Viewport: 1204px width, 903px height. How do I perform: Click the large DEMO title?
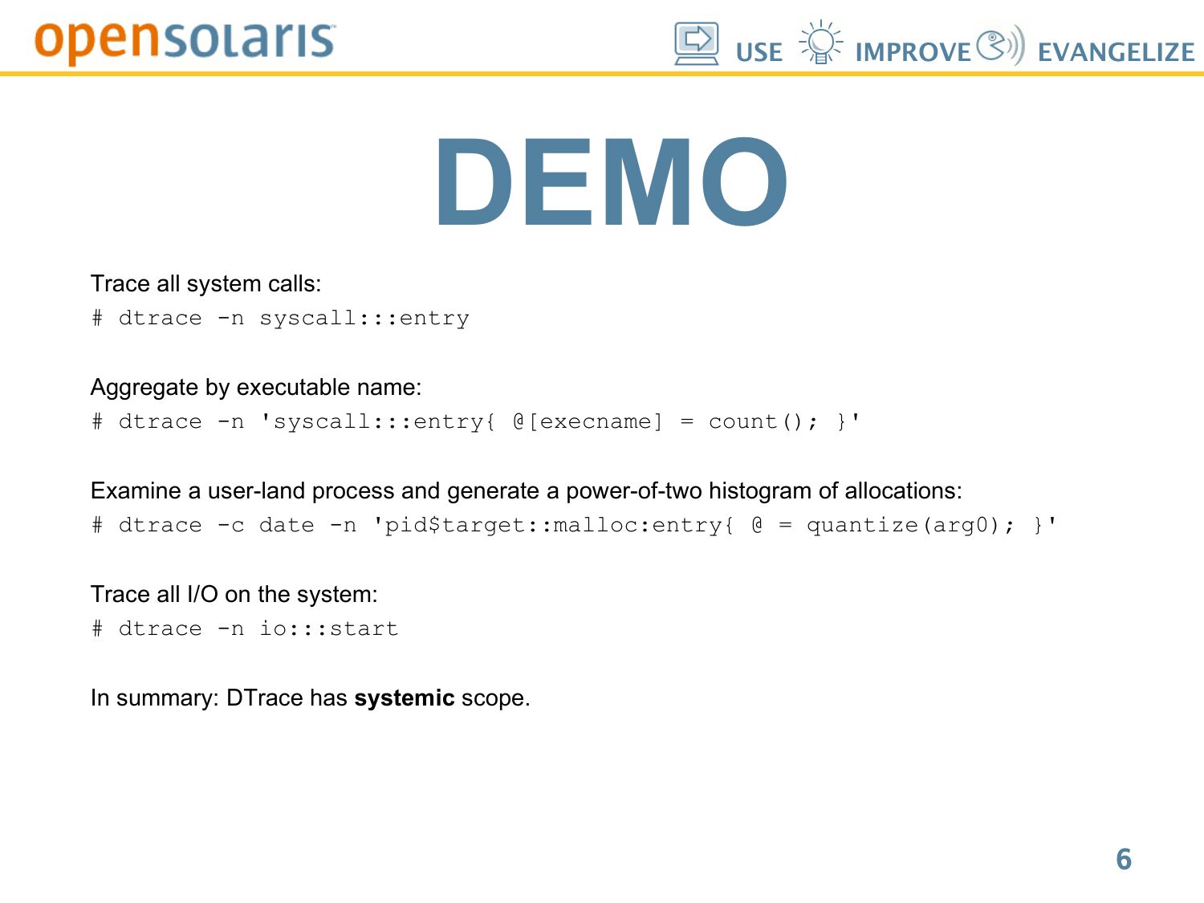(x=611, y=181)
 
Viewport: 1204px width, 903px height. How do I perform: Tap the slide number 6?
(x=1124, y=859)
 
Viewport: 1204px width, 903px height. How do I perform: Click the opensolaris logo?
(x=185, y=42)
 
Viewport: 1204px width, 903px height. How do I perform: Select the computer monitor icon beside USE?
(x=696, y=44)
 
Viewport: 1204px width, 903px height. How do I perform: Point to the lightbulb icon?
(x=820, y=43)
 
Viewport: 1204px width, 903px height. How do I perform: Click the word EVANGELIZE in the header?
(x=1117, y=53)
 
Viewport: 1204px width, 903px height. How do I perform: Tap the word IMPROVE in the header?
(x=913, y=53)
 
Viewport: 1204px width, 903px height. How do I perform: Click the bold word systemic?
(x=405, y=698)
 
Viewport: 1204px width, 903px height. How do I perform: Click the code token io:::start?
(x=328, y=628)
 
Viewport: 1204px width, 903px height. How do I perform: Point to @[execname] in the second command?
(x=588, y=421)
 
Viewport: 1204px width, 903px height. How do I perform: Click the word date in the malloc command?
(x=287, y=525)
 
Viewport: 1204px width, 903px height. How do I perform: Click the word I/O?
(x=202, y=594)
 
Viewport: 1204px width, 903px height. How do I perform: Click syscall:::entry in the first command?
(x=364, y=318)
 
